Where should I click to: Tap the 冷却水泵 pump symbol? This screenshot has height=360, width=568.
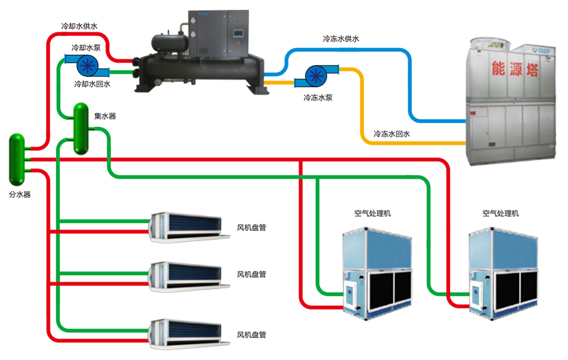[86, 65]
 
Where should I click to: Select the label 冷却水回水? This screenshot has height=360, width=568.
[92, 83]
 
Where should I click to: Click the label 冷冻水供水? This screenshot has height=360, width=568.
[340, 39]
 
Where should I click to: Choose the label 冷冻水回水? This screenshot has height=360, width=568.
[391, 134]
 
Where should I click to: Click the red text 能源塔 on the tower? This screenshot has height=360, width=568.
[516, 69]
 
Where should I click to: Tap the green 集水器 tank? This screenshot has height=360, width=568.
[81, 129]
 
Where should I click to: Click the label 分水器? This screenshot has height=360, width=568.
[20, 195]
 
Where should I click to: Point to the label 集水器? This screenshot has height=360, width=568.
[105, 116]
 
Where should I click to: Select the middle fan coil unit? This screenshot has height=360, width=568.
[184, 275]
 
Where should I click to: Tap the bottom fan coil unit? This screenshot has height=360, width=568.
[184, 333]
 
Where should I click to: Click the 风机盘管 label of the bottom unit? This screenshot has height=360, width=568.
[251, 335]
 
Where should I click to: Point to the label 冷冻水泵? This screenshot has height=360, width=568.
[317, 98]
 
